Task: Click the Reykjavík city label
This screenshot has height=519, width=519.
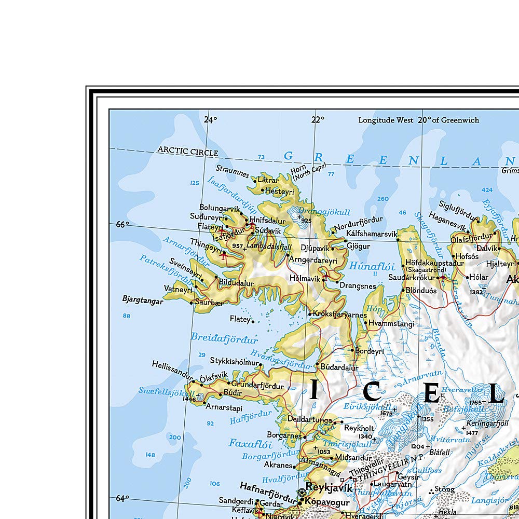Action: (329, 488)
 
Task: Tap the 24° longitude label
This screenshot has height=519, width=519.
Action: (210, 120)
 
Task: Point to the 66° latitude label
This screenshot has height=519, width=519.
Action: (121, 225)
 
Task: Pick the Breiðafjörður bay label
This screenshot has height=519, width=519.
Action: (224, 338)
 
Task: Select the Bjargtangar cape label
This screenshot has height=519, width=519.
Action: (142, 300)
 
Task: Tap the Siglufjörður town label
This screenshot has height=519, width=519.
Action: (456, 204)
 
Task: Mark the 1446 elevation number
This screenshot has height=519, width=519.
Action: (189, 399)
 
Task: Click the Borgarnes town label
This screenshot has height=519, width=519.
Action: (283, 435)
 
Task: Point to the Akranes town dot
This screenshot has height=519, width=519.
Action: (294, 466)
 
